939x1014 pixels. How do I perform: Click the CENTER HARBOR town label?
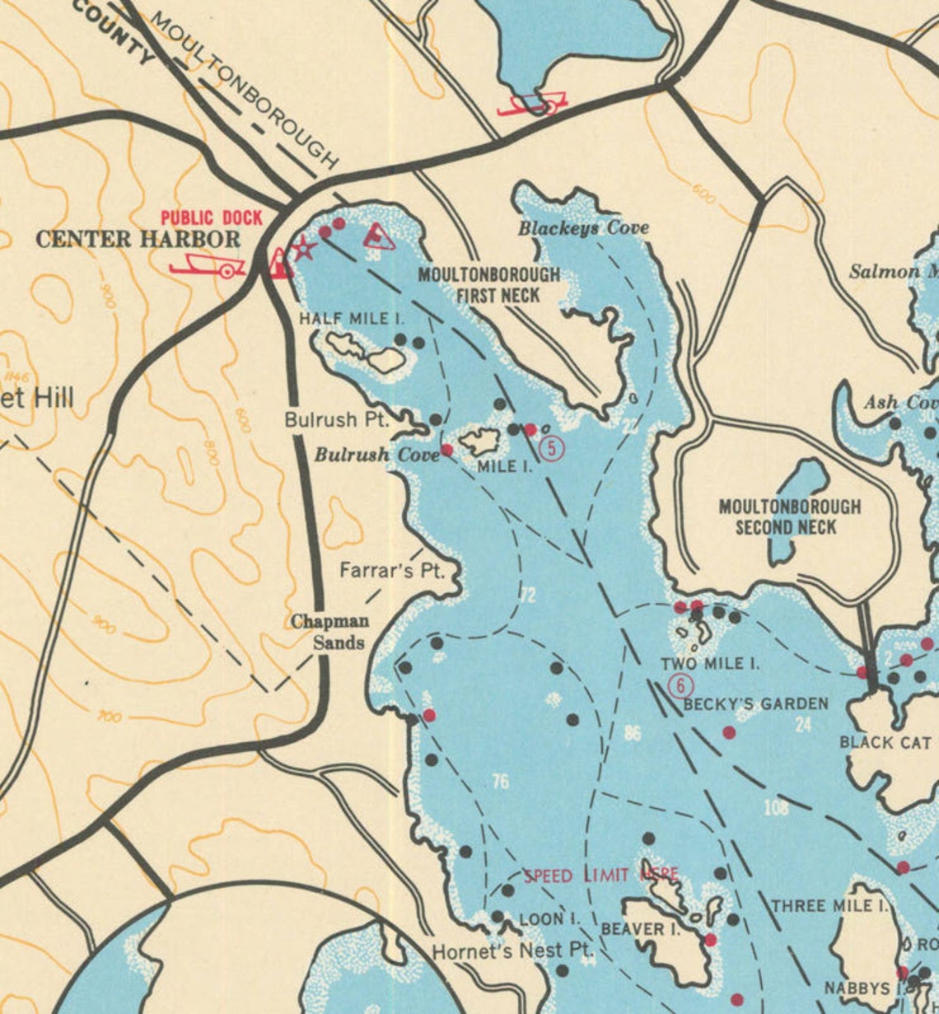[x=138, y=240]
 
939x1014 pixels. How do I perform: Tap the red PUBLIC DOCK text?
[x=211, y=218]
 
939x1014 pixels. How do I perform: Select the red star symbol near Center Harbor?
[x=304, y=248]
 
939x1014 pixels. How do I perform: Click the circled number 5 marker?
[x=551, y=448]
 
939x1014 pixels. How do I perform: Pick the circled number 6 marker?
[x=680, y=685]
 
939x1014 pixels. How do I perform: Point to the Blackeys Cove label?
[x=583, y=228]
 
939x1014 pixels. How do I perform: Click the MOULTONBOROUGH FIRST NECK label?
[x=488, y=285]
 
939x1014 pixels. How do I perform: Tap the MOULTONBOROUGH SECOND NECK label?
[x=789, y=516]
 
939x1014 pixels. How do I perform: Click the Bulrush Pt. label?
[x=336, y=419]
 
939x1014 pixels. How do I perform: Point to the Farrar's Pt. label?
[x=391, y=570]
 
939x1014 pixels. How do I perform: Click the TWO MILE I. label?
[x=710, y=664]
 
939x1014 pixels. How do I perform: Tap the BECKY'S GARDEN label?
[x=755, y=703]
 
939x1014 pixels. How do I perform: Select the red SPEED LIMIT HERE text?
[x=601, y=875]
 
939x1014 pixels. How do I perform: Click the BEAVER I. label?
[x=640, y=929]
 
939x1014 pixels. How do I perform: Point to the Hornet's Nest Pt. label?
[x=512, y=952]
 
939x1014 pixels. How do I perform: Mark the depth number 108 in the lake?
[x=776, y=808]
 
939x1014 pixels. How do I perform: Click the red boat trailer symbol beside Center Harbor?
[x=207, y=265]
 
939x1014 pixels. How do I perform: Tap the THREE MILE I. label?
[x=829, y=906]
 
